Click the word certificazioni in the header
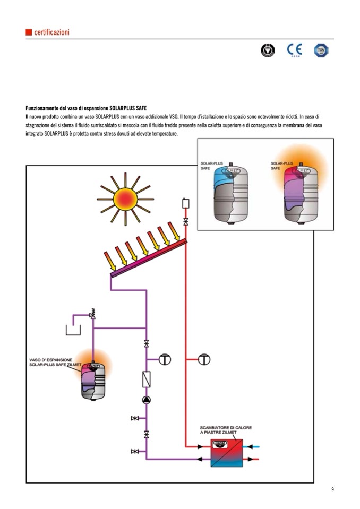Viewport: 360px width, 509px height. tap(52, 32)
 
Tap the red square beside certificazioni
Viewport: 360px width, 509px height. tap(29, 32)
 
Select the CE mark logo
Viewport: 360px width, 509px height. tap(294, 50)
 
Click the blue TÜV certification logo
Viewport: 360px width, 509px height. tap(320, 50)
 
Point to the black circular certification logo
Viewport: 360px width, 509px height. tap(268, 50)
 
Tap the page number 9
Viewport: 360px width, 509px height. tap(332, 489)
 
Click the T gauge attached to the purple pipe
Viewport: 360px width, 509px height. tap(165, 359)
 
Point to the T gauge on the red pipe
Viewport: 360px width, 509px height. tap(204, 359)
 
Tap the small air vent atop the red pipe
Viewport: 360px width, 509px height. tap(186, 203)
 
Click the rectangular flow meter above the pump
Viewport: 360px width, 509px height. tap(147, 379)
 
